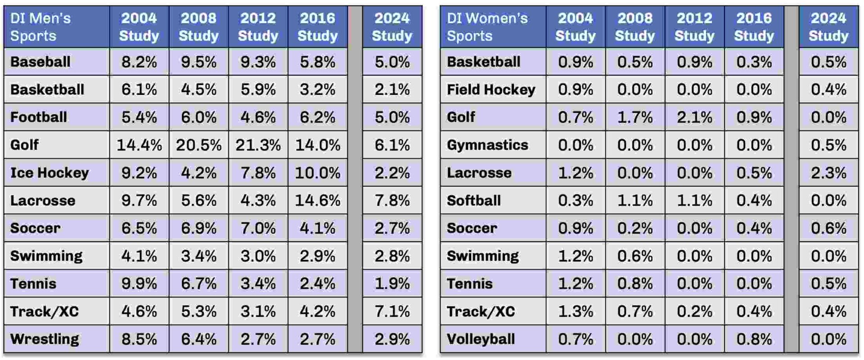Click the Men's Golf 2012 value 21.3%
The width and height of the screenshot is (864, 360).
[x=258, y=145]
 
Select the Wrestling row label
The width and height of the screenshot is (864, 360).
[x=45, y=339]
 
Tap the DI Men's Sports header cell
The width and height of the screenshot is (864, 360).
[x=40, y=27]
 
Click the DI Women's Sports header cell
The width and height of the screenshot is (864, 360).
[x=487, y=27]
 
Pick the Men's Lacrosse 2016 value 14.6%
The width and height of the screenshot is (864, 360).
[x=318, y=200]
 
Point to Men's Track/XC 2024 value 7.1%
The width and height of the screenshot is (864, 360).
[x=392, y=311]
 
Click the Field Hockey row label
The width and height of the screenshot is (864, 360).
[x=491, y=90]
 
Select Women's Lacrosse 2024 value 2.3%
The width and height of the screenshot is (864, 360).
[x=828, y=173]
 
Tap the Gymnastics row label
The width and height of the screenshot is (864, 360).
[x=487, y=145]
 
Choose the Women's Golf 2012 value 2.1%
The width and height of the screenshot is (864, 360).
[x=694, y=117]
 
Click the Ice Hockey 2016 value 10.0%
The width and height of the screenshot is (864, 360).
[x=318, y=173]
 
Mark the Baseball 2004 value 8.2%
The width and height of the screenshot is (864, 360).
[x=139, y=62]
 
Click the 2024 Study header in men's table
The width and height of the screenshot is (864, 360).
[x=392, y=27]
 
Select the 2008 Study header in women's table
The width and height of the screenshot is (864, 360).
[x=635, y=27]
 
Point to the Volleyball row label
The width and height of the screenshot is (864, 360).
[x=481, y=339]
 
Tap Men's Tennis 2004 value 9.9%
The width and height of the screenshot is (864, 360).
[x=139, y=283]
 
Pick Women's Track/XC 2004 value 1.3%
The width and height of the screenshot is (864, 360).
[x=576, y=311]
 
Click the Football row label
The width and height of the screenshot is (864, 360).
[x=39, y=117]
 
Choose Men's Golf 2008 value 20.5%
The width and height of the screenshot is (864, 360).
[x=198, y=145]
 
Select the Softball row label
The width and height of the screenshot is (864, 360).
[x=473, y=200]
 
